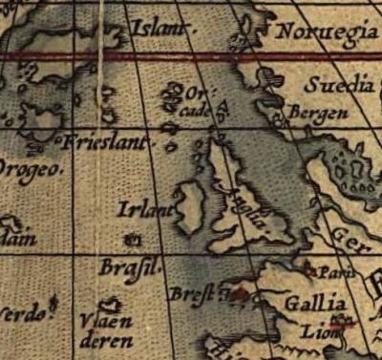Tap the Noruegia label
(326, 34)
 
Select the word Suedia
(338, 86)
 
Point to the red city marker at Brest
(235, 294)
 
